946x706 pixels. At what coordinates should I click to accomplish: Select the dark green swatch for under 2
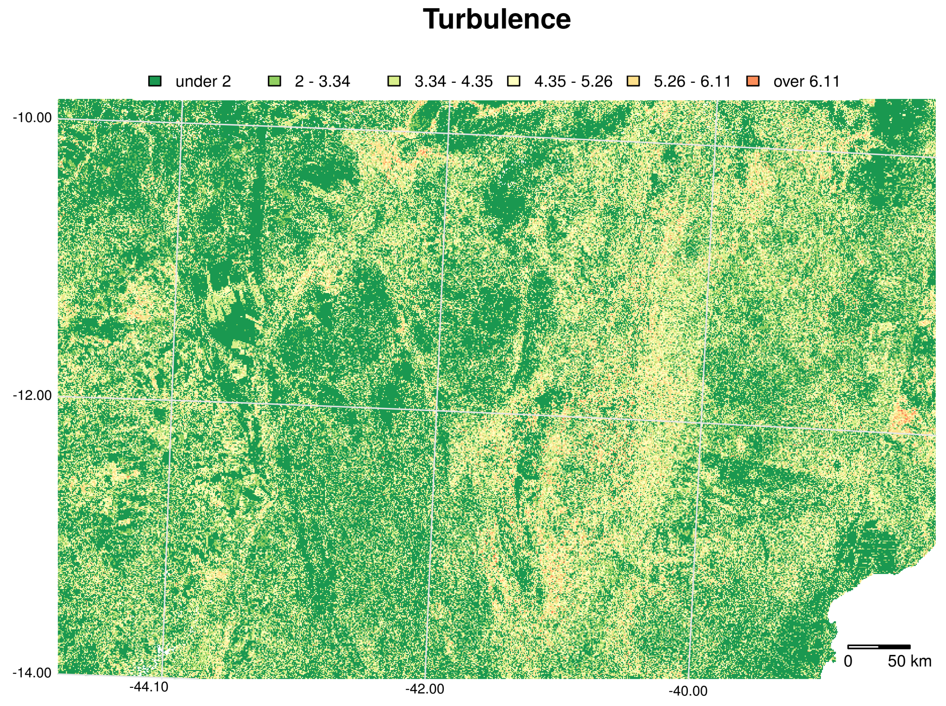coord(155,81)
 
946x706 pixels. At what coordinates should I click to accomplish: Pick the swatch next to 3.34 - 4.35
coord(394,81)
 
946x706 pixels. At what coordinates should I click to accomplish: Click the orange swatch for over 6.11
coord(753,81)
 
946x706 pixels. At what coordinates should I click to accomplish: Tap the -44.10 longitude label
coord(149,688)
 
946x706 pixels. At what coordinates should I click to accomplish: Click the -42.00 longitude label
coord(425,689)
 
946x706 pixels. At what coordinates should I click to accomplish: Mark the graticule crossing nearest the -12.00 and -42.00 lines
coord(436,411)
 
